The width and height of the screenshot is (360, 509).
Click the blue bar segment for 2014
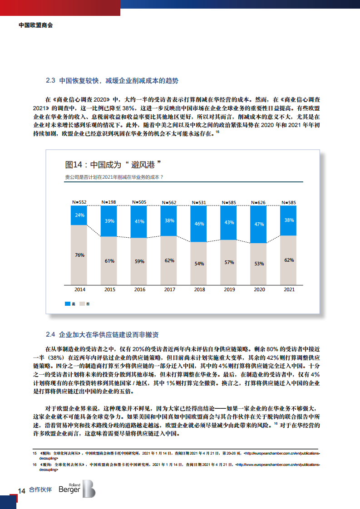pyautogui.click(x=79, y=215)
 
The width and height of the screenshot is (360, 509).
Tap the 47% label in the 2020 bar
pyautogui.click(x=259, y=224)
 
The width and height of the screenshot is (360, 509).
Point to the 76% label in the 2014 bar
pyautogui.click(x=79, y=255)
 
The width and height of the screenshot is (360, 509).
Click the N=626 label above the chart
pyautogui.click(x=259, y=202)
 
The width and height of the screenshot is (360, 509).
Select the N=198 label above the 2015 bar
pyautogui.click(x=109, y=202)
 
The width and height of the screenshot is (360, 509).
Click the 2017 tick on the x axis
pyautogui.click(x=169, y=289)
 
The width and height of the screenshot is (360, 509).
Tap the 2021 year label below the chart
pyautogui.click(x=289, y=289)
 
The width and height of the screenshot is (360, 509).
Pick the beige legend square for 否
pyautogui.click(x=82, y=303)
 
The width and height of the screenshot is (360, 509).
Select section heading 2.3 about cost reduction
pyautogui.click(x=112, y=81)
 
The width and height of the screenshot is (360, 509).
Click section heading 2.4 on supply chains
pyautogui.click(x=102, y=335)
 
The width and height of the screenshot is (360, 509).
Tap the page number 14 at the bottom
pyautogui.click(x=21, y=490)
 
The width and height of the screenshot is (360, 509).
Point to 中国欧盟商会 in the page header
pyautogui.click(x=36, y=26)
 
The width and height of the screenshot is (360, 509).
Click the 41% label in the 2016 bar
pyautogui.click(x=139, y=221)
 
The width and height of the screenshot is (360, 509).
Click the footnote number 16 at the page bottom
pyautogui.click(x=34, y=465)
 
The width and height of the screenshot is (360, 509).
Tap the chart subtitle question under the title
pyautogui.click(x=114, y=177)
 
